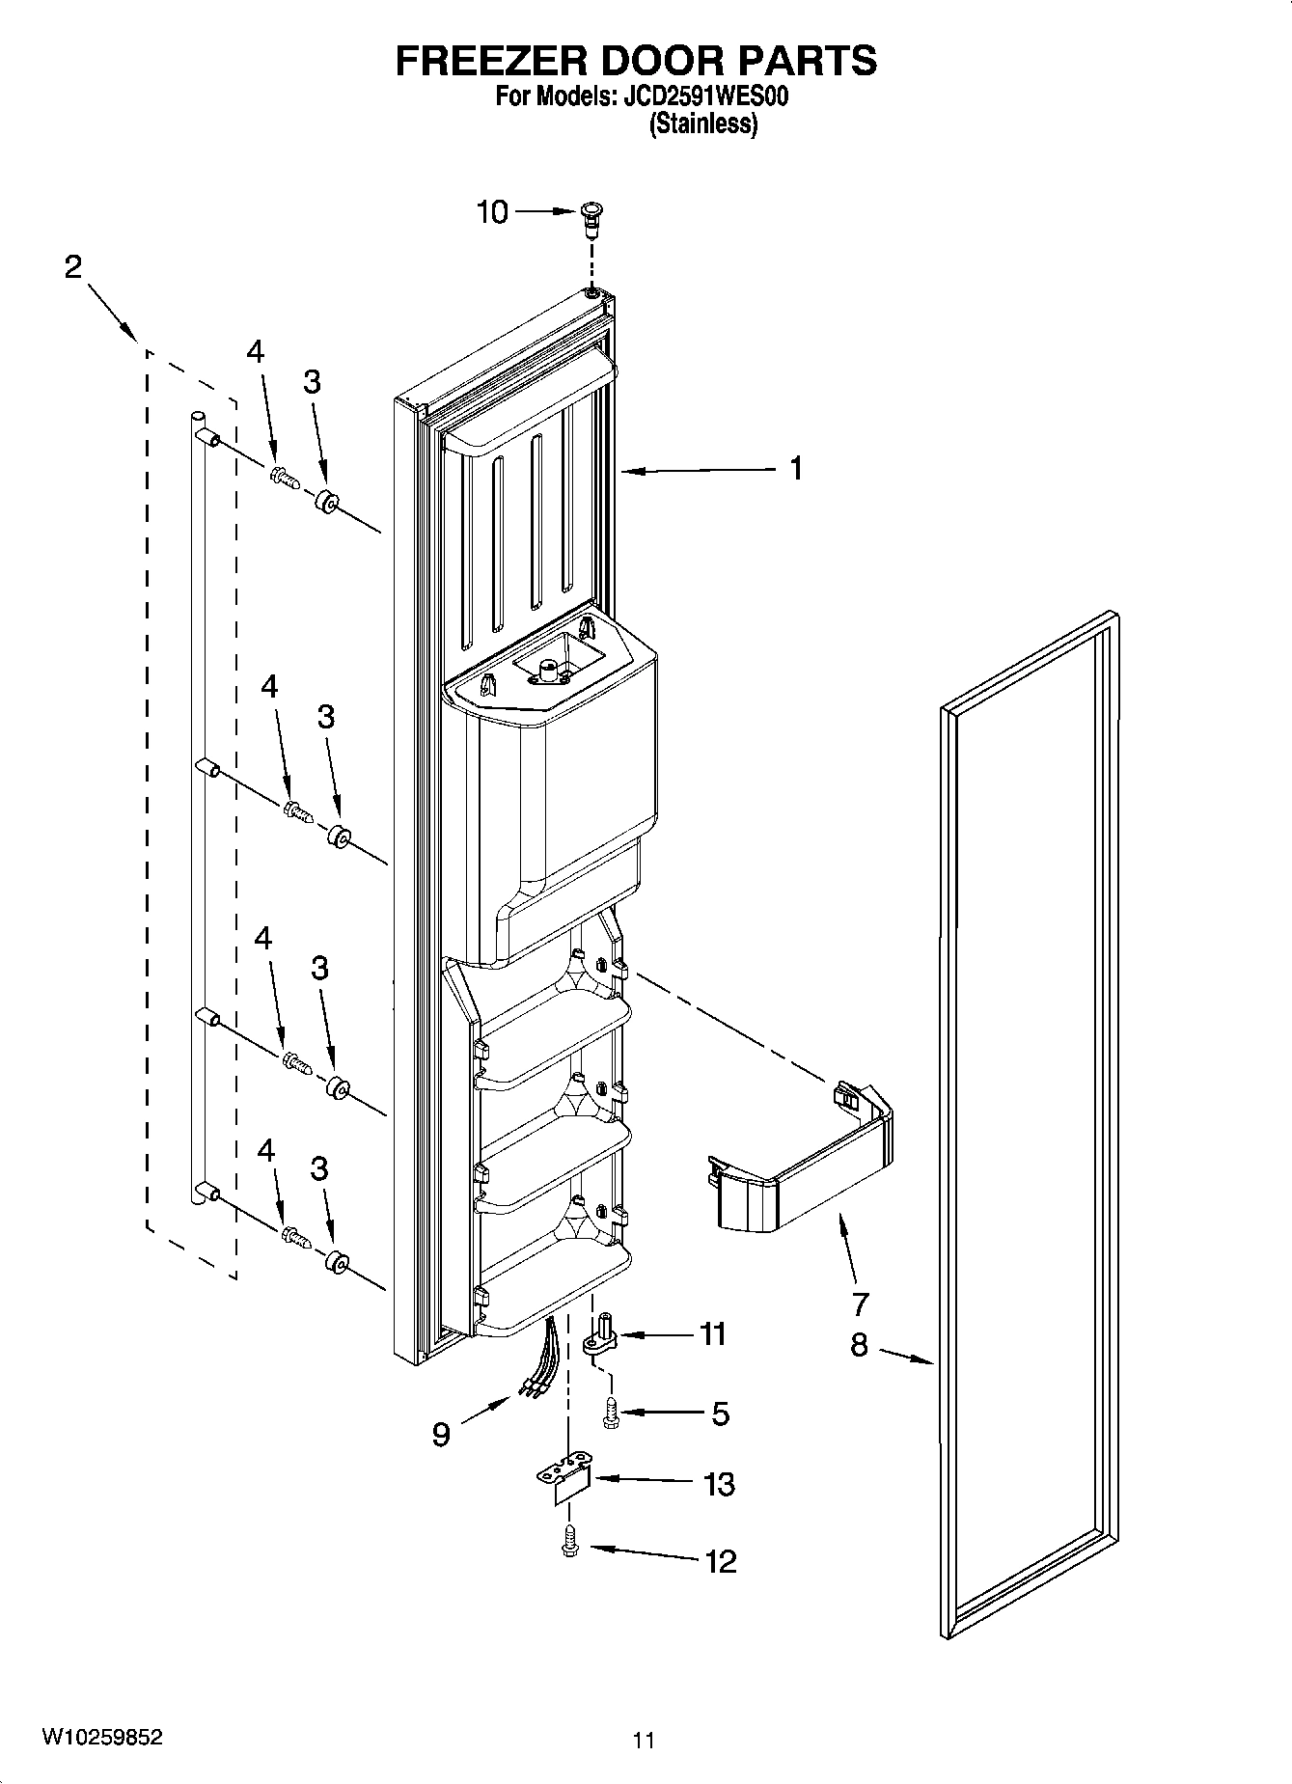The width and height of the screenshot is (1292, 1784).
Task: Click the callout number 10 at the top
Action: [x=492, y=211]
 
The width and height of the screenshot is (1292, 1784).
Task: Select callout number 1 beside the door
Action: [x=795, y=469]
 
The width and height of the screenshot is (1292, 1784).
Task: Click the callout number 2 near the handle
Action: [x=73, y=267]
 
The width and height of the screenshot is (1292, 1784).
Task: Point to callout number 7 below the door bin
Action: [x=860, y=1304]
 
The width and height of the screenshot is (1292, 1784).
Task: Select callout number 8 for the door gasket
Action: [x=859, y=1344]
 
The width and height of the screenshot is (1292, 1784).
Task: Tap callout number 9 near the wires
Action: [x=441, y=1435]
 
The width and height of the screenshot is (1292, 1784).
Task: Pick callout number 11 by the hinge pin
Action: [x=712, y=1334]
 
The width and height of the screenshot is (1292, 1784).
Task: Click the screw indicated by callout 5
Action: [x=610, y=1413]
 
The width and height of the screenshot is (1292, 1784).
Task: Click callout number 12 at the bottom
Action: [x=721, y=1560]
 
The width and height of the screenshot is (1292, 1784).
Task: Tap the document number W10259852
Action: [x=101, y=1738]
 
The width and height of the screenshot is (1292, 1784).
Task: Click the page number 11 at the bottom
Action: [x=644, y=1741]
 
